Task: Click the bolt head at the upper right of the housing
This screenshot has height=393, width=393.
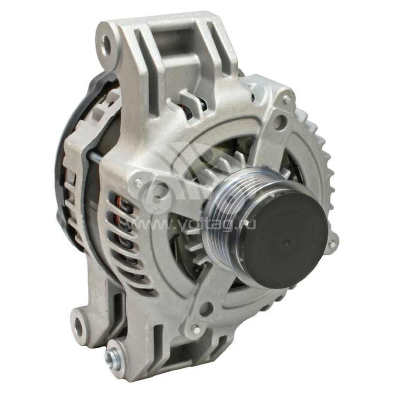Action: [286, 100]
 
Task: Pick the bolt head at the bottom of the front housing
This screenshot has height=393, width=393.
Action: [195, 329]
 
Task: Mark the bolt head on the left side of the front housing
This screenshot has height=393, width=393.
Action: [140, 183]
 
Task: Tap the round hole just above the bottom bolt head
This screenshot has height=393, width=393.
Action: [205, 309]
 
